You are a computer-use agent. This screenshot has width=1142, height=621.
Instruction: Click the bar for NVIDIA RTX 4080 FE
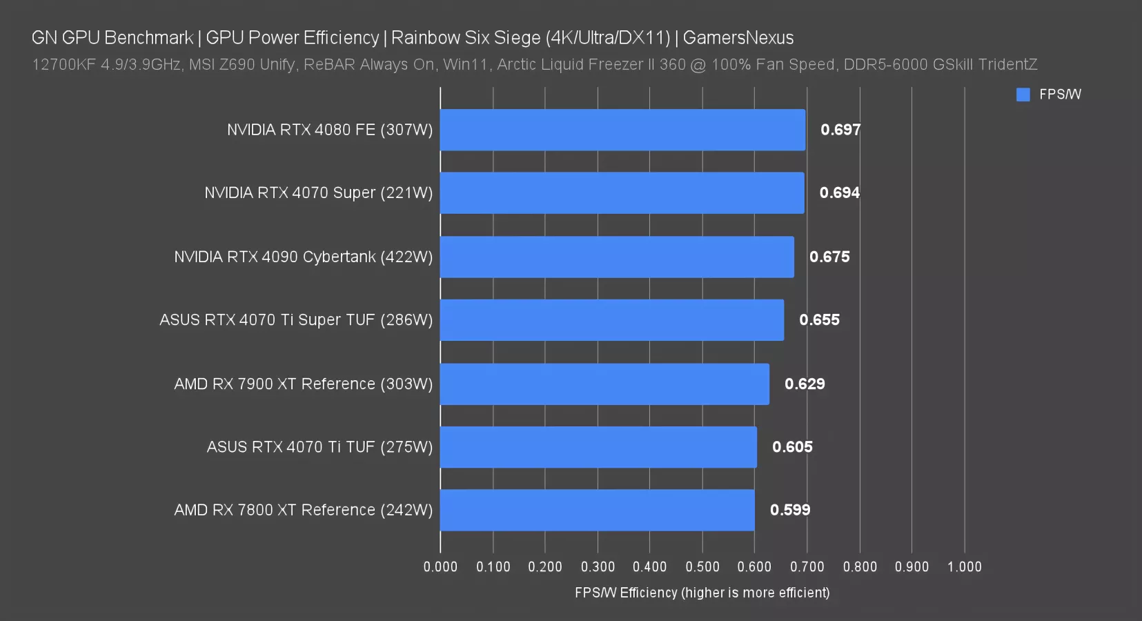click(622, 130)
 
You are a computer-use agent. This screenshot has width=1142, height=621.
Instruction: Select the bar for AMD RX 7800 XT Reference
click(597, 510)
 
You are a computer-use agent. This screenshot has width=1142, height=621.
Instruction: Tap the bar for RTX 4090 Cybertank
click(617, 257)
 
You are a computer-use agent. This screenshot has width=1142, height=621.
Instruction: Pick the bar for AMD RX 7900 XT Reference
click(604, 384)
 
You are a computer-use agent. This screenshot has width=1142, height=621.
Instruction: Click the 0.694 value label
click(839, 193)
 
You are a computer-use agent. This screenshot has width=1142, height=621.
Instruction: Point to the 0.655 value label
click(819, 320)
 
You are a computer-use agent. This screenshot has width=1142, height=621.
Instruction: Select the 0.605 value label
click(792, 447)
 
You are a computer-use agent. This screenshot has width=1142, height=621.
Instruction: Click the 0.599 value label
click(790, 510)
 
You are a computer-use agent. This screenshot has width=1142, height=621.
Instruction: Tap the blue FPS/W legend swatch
click(1023, 95)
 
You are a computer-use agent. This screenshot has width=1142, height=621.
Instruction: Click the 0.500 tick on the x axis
click(702, 566)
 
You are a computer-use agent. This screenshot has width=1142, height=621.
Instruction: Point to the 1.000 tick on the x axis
click(964, 566)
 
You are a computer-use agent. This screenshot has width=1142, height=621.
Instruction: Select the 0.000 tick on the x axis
click(440, 566)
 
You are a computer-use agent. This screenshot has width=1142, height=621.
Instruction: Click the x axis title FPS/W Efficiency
click(702, 593)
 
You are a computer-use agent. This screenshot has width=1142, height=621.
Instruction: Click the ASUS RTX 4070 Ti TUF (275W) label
click(319, 447)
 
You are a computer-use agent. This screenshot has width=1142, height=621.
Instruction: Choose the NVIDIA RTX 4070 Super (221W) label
click(318, 193)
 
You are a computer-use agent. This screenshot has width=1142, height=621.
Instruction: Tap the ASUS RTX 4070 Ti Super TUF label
click(296, 320)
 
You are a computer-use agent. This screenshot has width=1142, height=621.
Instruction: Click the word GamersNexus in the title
click(738, 37)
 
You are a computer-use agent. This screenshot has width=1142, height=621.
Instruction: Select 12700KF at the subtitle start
click(63, 65)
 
